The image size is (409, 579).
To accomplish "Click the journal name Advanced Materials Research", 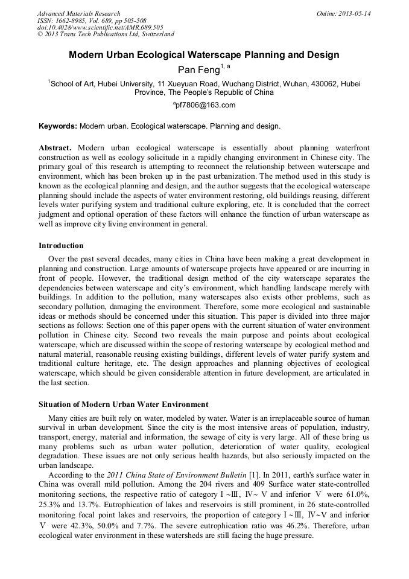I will pos(78,13).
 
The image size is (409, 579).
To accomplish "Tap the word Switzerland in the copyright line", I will pos(155,35).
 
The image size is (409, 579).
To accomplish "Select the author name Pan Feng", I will pos(200,71).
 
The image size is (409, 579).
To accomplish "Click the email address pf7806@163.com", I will pos(205,105).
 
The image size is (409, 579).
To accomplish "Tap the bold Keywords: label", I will pos(58,126).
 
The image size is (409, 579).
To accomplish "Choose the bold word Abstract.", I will pos(55,148).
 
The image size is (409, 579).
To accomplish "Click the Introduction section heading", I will pos(61,246).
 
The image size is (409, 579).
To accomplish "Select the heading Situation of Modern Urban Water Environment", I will pos(124,404).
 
